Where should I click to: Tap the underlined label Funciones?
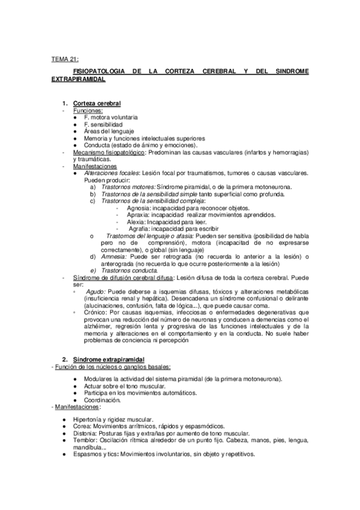click(x=88, y=111)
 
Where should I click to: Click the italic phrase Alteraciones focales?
click(x=110, y=173)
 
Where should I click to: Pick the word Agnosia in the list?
click(x=138, y=208)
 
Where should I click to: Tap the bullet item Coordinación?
click(x=103, y=400)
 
